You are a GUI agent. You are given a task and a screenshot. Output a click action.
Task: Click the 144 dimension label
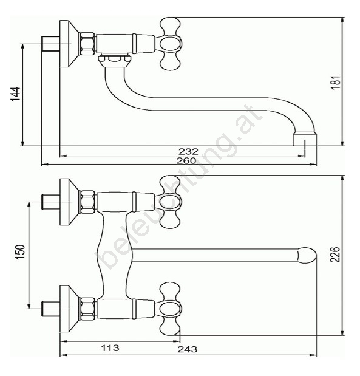16,94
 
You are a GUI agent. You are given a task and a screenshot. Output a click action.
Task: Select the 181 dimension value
336,83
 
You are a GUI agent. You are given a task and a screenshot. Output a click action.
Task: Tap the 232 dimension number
188,151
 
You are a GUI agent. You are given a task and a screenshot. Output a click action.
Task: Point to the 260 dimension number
186,160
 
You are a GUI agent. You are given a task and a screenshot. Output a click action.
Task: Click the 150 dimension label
20,252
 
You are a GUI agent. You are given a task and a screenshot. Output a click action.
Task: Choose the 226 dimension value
335,255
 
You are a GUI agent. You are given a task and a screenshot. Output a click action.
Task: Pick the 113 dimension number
110,347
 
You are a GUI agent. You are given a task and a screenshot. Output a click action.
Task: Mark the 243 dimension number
188,349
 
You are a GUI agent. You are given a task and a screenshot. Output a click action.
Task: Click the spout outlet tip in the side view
305,140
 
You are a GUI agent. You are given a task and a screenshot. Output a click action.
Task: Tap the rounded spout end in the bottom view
307,255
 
